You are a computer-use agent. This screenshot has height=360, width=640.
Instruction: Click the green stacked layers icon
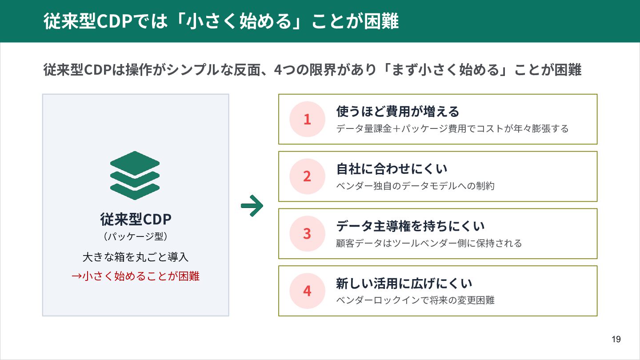(135, 175)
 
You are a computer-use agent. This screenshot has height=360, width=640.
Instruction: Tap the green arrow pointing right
(252, 205)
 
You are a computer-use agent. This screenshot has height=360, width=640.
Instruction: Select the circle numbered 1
(307, 119)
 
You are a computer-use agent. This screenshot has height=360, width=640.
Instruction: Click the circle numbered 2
(307, 176)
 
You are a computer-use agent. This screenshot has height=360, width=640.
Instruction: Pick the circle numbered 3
(307, 234)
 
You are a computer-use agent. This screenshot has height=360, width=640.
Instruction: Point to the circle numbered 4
(307, 291)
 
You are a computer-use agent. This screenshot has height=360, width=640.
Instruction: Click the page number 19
(616, 340)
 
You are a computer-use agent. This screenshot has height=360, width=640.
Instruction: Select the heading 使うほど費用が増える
(398, 111)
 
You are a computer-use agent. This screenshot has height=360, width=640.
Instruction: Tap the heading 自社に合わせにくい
(392, 168)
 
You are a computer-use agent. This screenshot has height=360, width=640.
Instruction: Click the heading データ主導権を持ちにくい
(410, 226)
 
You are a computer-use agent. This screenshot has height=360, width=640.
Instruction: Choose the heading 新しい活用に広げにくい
(404, 283)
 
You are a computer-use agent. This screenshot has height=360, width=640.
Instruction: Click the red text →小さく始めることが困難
(136, 276)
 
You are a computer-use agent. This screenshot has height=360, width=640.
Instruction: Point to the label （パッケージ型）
(136, 236)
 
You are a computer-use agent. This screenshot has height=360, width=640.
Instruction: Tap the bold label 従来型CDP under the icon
(136, 219)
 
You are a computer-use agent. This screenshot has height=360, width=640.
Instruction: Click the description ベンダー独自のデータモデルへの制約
(416, 186)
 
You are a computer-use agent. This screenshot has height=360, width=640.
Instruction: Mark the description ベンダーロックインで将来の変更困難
(416, 300)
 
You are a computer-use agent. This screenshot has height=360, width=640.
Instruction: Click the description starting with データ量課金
(452, 129)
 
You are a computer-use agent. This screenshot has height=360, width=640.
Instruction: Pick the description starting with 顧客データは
(429, 243)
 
